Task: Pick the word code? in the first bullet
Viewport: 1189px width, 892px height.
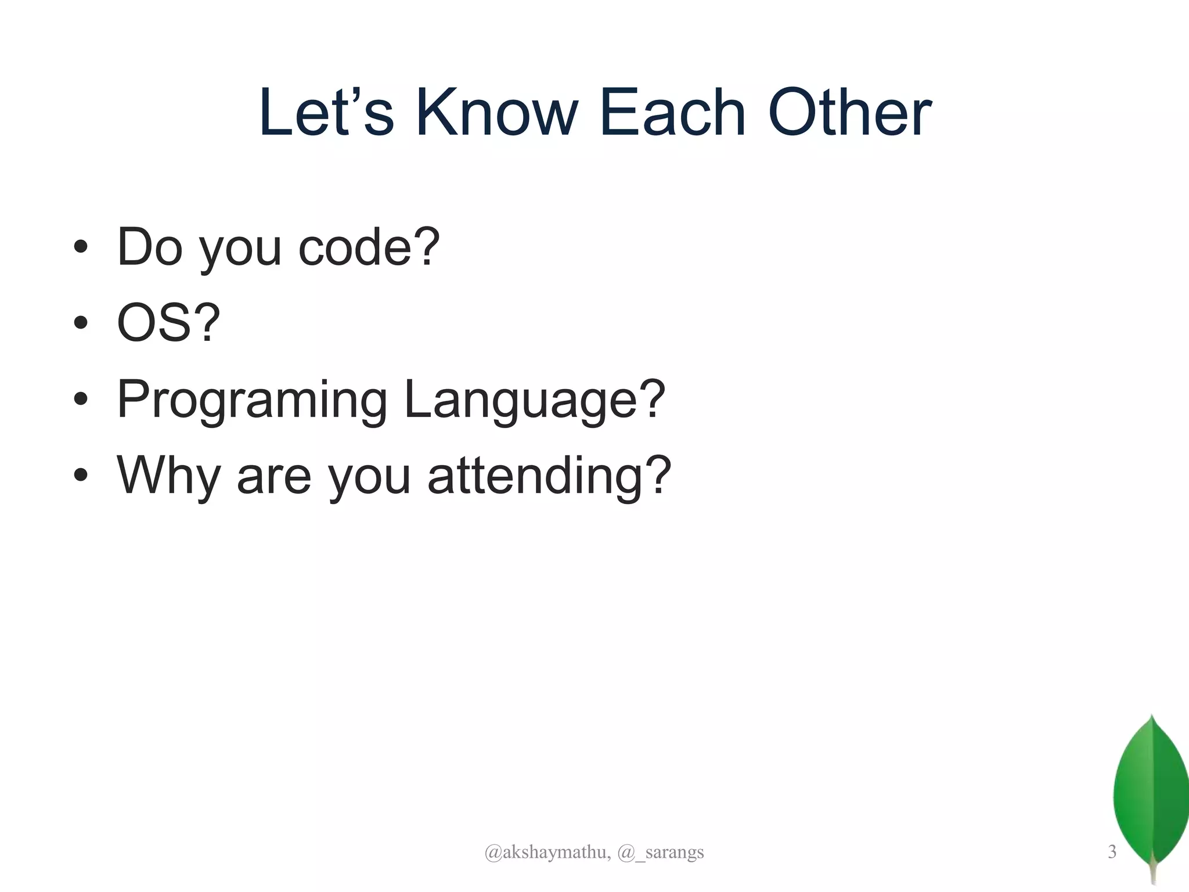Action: (369, 247)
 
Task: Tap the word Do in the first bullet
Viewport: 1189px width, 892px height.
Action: (150, 247)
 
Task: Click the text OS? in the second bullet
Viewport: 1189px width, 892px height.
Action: (168, 323)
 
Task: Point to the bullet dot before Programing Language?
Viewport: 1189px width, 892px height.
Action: (81, 400)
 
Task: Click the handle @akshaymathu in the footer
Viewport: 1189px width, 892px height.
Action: (547, 853)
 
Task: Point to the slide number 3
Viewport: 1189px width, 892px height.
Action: (1112, 852)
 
